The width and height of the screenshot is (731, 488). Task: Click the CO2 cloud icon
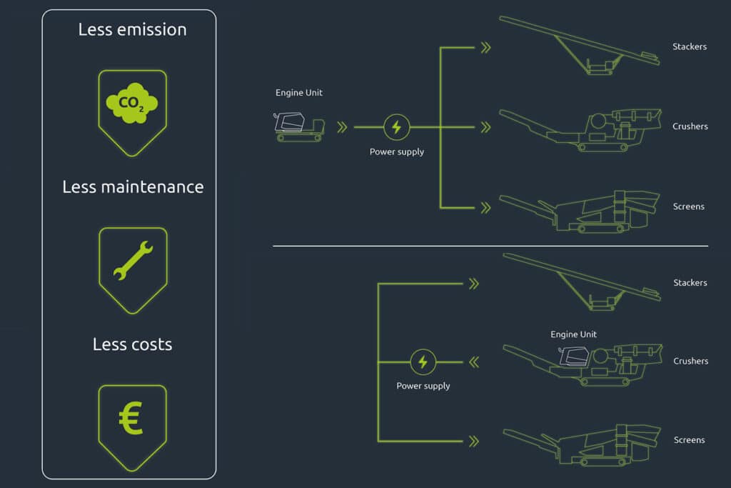click(132, 103)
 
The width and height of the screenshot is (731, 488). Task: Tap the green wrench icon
click(133, 260)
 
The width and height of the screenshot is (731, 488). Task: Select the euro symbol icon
click(131, 418)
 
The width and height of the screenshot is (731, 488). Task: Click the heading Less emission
click(132, 30)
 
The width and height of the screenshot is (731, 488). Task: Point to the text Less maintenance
click(133, 187)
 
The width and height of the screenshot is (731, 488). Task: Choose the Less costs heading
click(132, 344)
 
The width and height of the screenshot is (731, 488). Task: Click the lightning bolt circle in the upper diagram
click(397, 127)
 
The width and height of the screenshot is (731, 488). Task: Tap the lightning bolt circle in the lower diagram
click(423, 362)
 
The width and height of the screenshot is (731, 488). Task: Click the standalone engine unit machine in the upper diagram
click(299, 126)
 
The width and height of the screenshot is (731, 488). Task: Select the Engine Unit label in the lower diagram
click(573, 334)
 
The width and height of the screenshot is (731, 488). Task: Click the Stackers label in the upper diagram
click(690, 46)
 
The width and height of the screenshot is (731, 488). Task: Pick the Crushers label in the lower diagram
click(691, 361)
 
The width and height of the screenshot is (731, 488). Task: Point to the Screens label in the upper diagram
click(689, 206)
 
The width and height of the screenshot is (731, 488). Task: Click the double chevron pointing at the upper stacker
click(485, 48)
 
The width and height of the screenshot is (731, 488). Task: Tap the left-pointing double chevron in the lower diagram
click(474, 362)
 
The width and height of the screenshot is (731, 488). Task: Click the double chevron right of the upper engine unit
click(342, 127)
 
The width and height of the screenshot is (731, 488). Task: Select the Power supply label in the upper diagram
click(397, 151)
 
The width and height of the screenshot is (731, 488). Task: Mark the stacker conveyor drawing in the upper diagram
click(580, 45)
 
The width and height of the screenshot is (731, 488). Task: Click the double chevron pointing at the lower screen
click(474, 442)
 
